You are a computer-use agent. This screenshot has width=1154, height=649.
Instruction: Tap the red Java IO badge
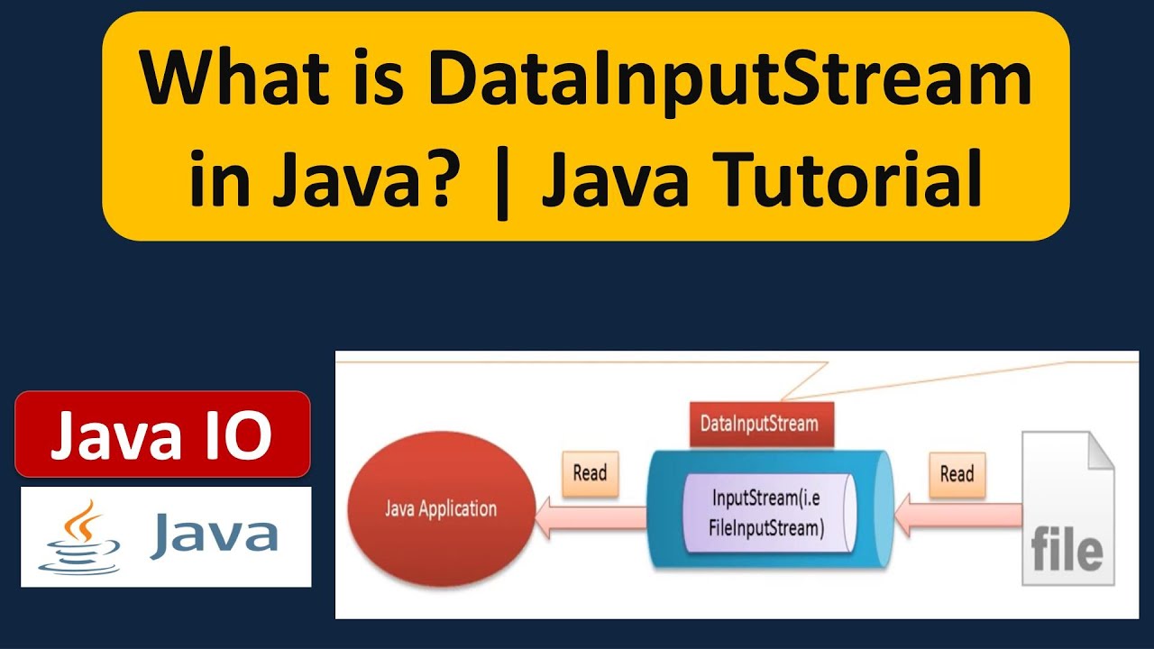click(162, 434)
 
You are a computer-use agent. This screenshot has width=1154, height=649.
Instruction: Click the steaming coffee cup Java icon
click(78, 537)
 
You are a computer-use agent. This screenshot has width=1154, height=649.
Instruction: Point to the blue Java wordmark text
click(213, 534)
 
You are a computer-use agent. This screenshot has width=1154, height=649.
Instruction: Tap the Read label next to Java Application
click(590, 473)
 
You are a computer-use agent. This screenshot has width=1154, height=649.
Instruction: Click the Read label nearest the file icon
click(957, 473)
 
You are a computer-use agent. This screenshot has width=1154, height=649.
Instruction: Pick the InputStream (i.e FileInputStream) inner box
click(768, 514)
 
